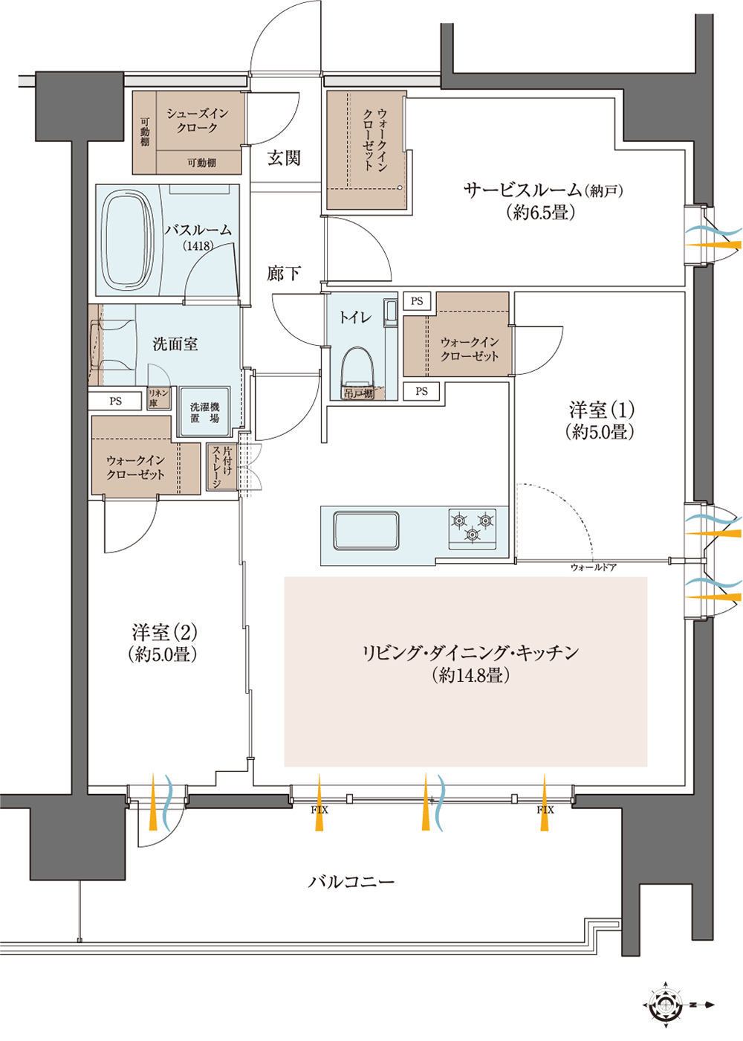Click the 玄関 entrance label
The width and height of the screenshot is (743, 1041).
pyautogui.click(x=284, y=158)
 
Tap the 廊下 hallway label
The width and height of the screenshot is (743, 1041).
pyautogui.click(x=284, y=274)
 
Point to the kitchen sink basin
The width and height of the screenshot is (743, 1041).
pyautogui.click(x=366, y=530)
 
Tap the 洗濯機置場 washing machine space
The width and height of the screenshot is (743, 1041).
pyautogui.click(x=205, y=412)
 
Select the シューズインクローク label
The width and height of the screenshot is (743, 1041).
pyautogui.click(x=198, y=120)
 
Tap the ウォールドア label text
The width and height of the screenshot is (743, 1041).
pyautogui.click(x=593, y=567)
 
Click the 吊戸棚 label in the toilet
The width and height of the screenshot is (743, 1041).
pyautogui.click(x=358, y=393)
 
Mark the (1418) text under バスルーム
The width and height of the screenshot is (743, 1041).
pyautogui.click(x=198, y=246)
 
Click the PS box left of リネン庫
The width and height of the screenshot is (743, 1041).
pyautogui.click(x=115, y=401)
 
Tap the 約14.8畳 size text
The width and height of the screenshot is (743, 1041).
pyautogui.click(x=470, y=675)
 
